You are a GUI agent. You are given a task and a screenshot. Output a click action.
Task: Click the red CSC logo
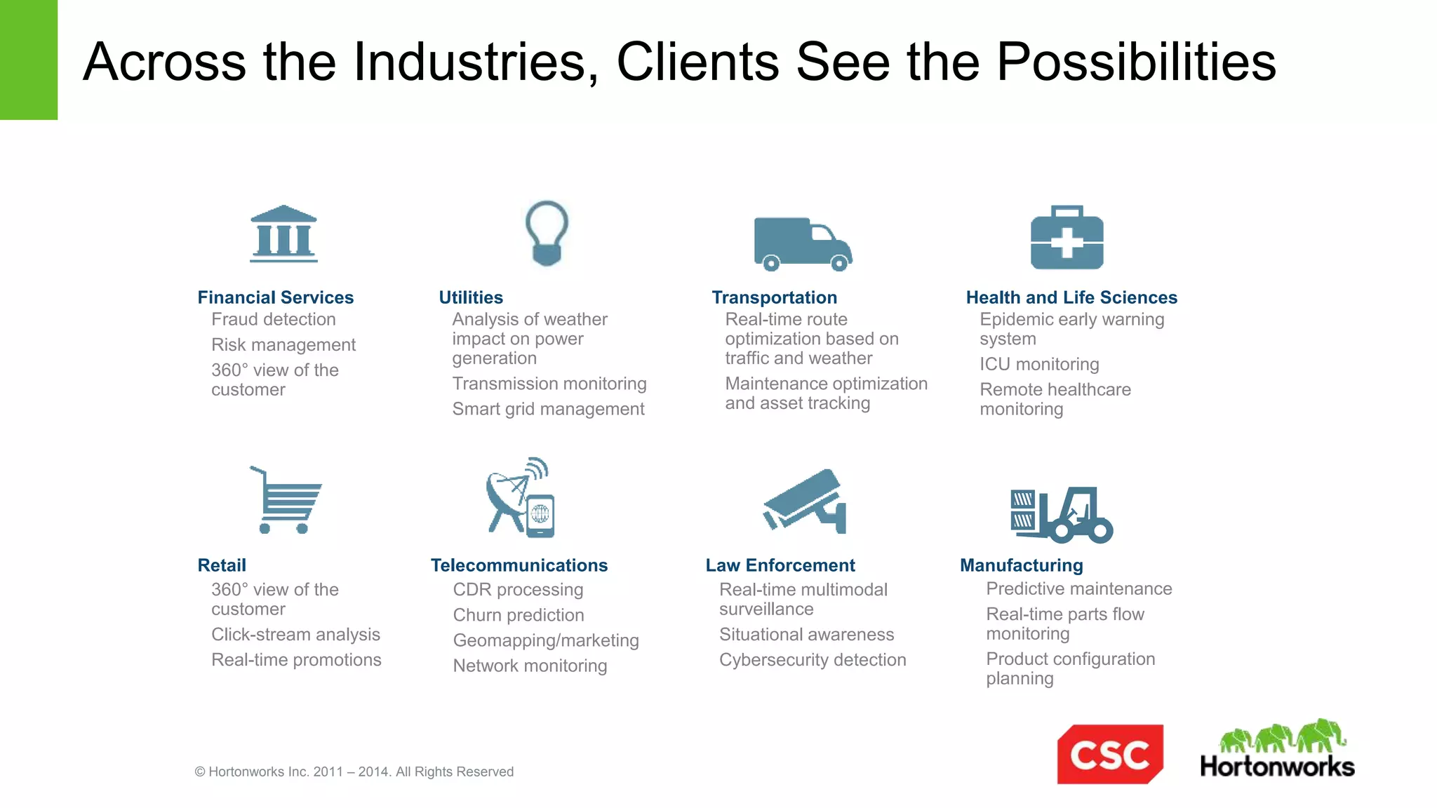coord(1109,754)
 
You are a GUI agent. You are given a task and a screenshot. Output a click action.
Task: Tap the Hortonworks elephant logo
coord(1277,749)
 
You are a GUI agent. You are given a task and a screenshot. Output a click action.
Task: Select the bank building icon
coord(283,234)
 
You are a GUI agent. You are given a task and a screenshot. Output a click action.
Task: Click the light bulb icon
coord(547,234)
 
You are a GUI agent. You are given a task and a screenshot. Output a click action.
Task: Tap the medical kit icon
coord(1067,238)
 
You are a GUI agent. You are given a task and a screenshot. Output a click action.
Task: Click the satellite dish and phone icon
coord(521,498)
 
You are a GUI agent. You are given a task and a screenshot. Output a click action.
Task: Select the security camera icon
coord(806,501)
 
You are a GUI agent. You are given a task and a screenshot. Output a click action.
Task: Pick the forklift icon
coord(1061,515)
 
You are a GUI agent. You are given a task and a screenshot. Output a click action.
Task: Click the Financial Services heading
coord(275,297)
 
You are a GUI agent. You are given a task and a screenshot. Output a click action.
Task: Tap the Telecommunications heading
coord(519,565)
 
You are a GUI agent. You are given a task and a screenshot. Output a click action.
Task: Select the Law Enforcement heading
coord(780,565)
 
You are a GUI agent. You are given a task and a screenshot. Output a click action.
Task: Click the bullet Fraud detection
coord(273,320)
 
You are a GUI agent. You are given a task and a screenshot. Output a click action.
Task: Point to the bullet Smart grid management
coord(547,409)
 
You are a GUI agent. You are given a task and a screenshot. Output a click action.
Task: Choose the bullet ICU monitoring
coord(1038,364)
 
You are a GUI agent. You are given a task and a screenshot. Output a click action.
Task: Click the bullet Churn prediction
coord(518,615)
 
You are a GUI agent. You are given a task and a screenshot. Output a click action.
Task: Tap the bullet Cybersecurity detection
coord(812,660)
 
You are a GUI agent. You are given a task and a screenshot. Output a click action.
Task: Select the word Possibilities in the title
coord(1135,62)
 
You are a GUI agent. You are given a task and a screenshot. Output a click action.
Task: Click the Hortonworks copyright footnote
coord(354,772)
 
